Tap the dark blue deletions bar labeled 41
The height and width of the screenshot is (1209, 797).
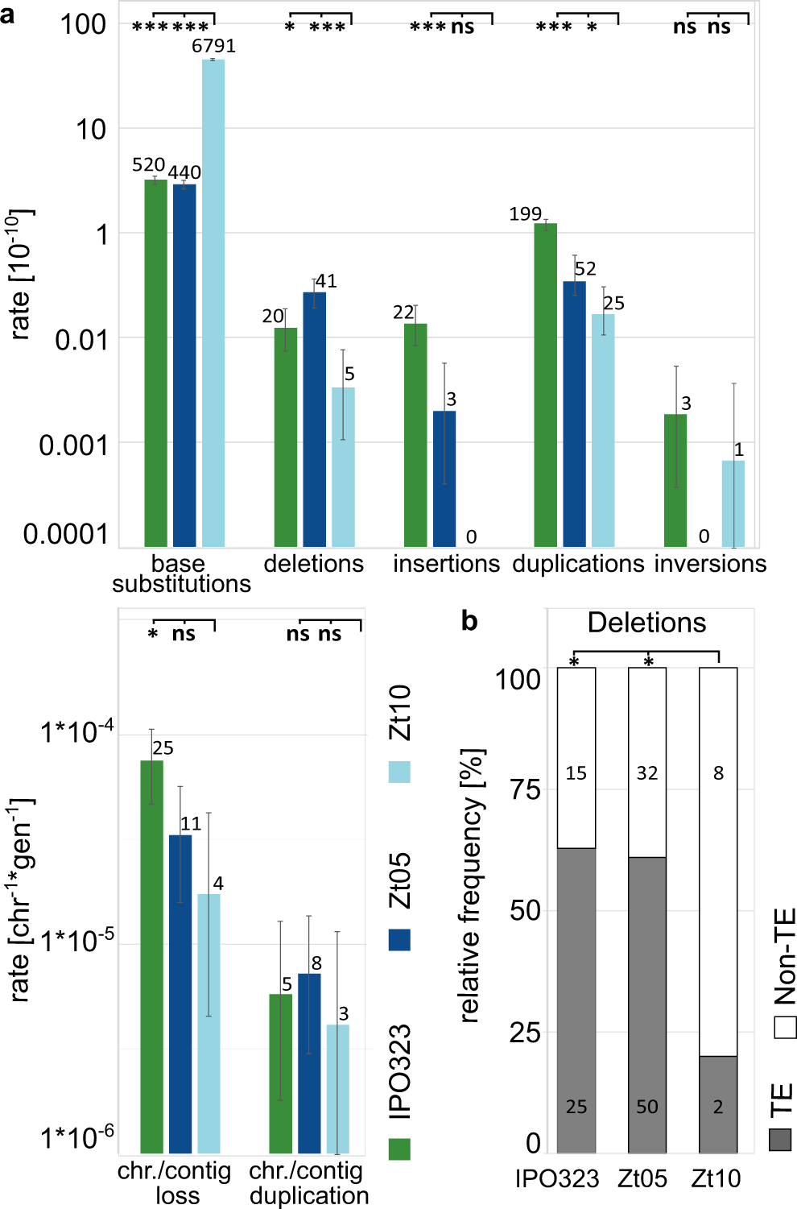point(315,419)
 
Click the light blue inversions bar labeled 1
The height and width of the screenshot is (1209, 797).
point(733,503)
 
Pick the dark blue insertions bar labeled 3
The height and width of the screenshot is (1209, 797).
point(444,478)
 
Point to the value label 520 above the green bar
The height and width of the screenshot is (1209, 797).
point(149,165)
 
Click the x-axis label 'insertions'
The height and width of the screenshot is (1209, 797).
point(446,564)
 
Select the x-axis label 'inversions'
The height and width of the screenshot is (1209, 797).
point(710,564)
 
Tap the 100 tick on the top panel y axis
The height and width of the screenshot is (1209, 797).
point(83,24)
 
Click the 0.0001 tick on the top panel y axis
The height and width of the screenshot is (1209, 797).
point(65,534)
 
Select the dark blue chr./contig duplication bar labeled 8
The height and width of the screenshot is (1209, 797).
point(309,1063)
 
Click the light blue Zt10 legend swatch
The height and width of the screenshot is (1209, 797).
point(399,772)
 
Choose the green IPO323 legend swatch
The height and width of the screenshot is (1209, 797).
point(399,1149)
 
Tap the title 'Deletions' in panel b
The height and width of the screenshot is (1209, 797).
point(646,623)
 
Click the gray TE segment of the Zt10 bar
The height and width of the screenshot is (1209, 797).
point(718,1103)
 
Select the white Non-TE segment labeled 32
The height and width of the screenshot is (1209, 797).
point(647,762)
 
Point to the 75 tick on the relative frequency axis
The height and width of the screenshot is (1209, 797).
point(525,789)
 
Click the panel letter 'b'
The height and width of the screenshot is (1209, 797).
point(469,620)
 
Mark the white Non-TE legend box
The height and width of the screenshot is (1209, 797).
point(785,1028)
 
